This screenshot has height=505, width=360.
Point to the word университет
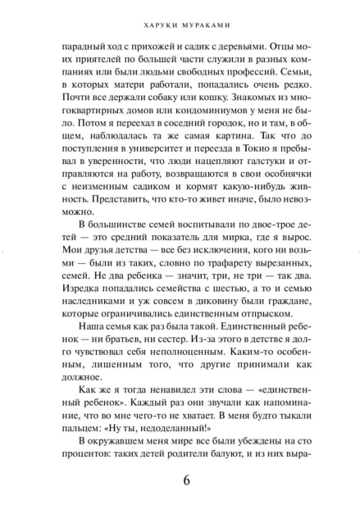151,165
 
